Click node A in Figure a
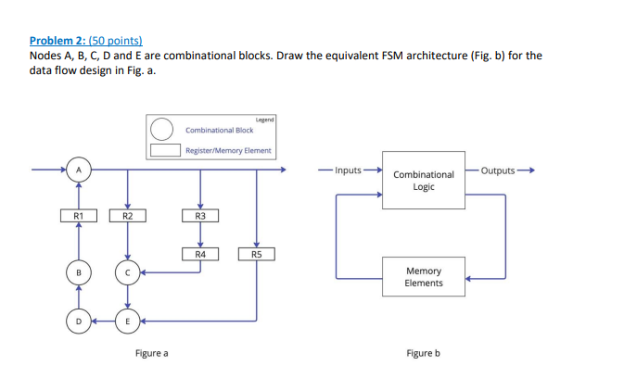coord(79,170)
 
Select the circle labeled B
coord(79,272)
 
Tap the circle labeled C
coord(128,272)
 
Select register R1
coord(79,217)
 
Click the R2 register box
coord(128,217)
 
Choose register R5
coord(256,253)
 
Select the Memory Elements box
coord(424,276)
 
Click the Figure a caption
coord(152,353)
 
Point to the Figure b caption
coord(423,353)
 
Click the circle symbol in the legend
coord(163,130)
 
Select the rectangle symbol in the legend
coord(163,149)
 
